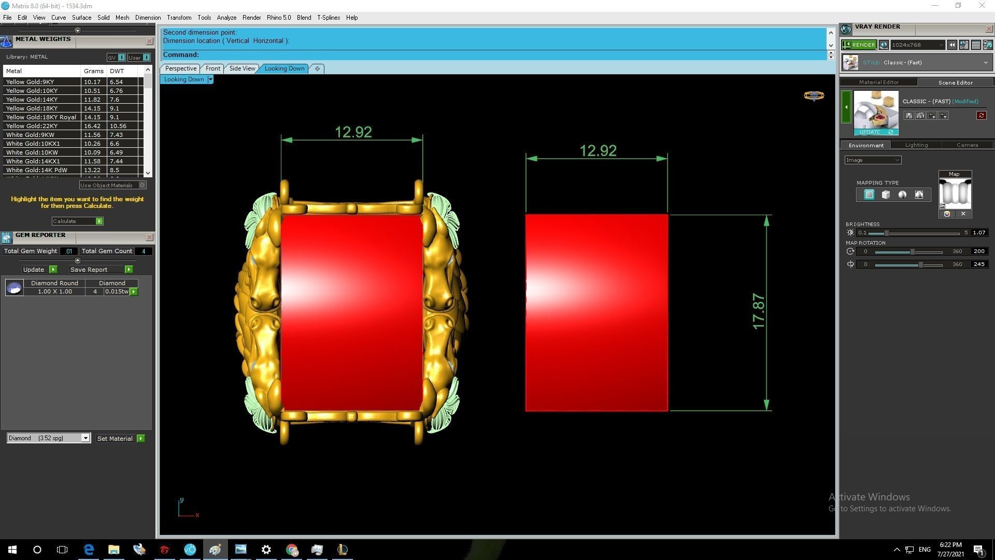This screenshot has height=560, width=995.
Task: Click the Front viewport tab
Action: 212,68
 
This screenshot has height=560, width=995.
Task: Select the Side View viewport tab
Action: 242,68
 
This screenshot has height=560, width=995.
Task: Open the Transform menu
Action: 179,18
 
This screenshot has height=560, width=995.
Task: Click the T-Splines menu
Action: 329,18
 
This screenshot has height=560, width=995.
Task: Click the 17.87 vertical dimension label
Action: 758,311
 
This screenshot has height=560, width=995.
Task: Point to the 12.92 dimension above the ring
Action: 353,132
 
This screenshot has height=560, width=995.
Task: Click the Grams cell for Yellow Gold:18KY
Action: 92,108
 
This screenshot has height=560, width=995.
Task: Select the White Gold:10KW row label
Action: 32,152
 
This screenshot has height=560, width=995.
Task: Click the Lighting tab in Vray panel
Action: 916,145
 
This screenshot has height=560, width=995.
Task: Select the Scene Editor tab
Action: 955,82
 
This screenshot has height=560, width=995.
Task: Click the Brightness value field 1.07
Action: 978,233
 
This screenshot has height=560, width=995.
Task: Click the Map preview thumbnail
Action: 955,193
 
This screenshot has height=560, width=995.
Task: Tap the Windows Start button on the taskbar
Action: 12,550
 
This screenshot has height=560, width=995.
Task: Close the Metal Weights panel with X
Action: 149,41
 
